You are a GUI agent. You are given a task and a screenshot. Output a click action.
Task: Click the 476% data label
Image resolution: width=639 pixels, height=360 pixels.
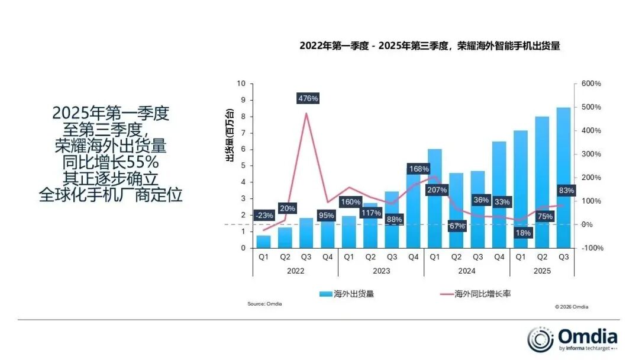point(308,98)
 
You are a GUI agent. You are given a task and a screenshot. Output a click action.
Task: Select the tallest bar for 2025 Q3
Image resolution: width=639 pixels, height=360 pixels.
point(563,177)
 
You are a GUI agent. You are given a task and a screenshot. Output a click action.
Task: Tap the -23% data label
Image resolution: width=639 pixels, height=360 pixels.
point(264,216)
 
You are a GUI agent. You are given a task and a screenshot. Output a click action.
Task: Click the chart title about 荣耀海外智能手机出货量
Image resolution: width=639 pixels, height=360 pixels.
point(430,46)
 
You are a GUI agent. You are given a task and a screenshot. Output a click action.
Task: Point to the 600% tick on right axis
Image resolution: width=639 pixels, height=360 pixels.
point(590,83)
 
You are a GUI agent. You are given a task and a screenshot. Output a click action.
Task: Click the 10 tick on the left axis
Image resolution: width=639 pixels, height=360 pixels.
point(241,83)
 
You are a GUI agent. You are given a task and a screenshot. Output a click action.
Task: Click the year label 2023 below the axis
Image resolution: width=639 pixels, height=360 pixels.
point(381,270)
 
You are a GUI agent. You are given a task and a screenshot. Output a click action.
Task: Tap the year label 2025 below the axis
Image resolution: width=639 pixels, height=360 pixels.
point(542,270)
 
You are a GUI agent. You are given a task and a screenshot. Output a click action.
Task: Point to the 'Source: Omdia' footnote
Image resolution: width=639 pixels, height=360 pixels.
point(264,304)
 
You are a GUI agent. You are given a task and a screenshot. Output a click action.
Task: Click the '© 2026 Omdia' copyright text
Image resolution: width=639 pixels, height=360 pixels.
point(571,307)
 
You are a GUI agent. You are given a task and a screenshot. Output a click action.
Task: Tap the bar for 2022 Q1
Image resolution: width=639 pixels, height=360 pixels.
point(263,242)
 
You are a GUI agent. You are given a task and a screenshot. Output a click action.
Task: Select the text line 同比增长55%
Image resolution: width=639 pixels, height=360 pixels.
point(111,162)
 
